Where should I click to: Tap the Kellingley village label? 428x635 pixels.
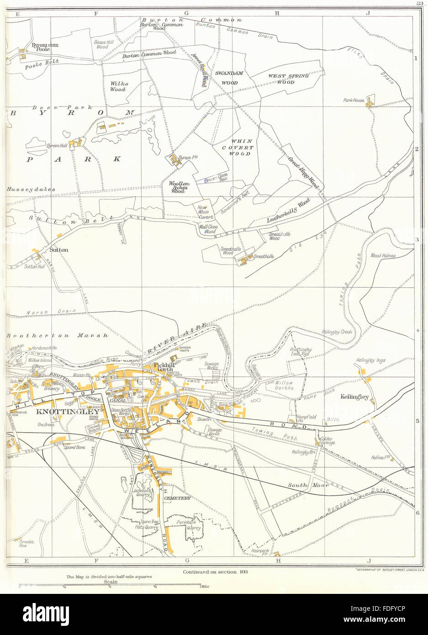tap(354, 397)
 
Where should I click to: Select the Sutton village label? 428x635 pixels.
tap(59, 250)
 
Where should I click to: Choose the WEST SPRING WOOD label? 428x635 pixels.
tap(288, 79)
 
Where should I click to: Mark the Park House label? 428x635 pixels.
tap(354, 100)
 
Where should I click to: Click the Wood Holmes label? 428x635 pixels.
tap(383, 256)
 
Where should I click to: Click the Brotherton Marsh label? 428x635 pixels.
tap(58, 336)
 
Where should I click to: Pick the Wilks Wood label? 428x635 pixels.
tap(119, 87)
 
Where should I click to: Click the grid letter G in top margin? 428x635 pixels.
tap(186, 13)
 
